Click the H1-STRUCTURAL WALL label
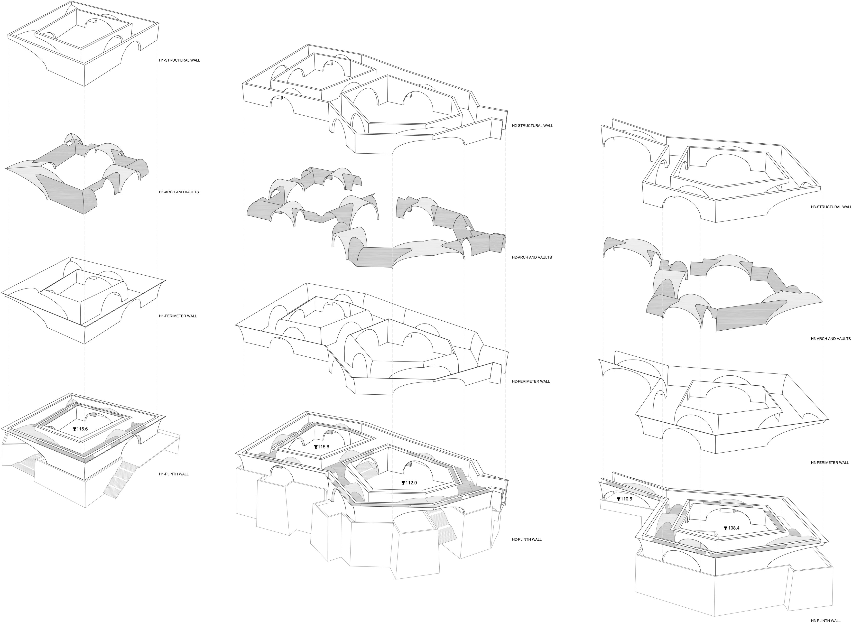pyautogui.click(x=179, y=60)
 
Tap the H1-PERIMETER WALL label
pyautogui.click(x=178, y=316)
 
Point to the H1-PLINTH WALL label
pyautogui.click(x=174, y=474)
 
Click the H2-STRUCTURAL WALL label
pyautogui.click(x=532, y=126)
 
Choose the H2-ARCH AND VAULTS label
pyautogui.click(x=532, y=258)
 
